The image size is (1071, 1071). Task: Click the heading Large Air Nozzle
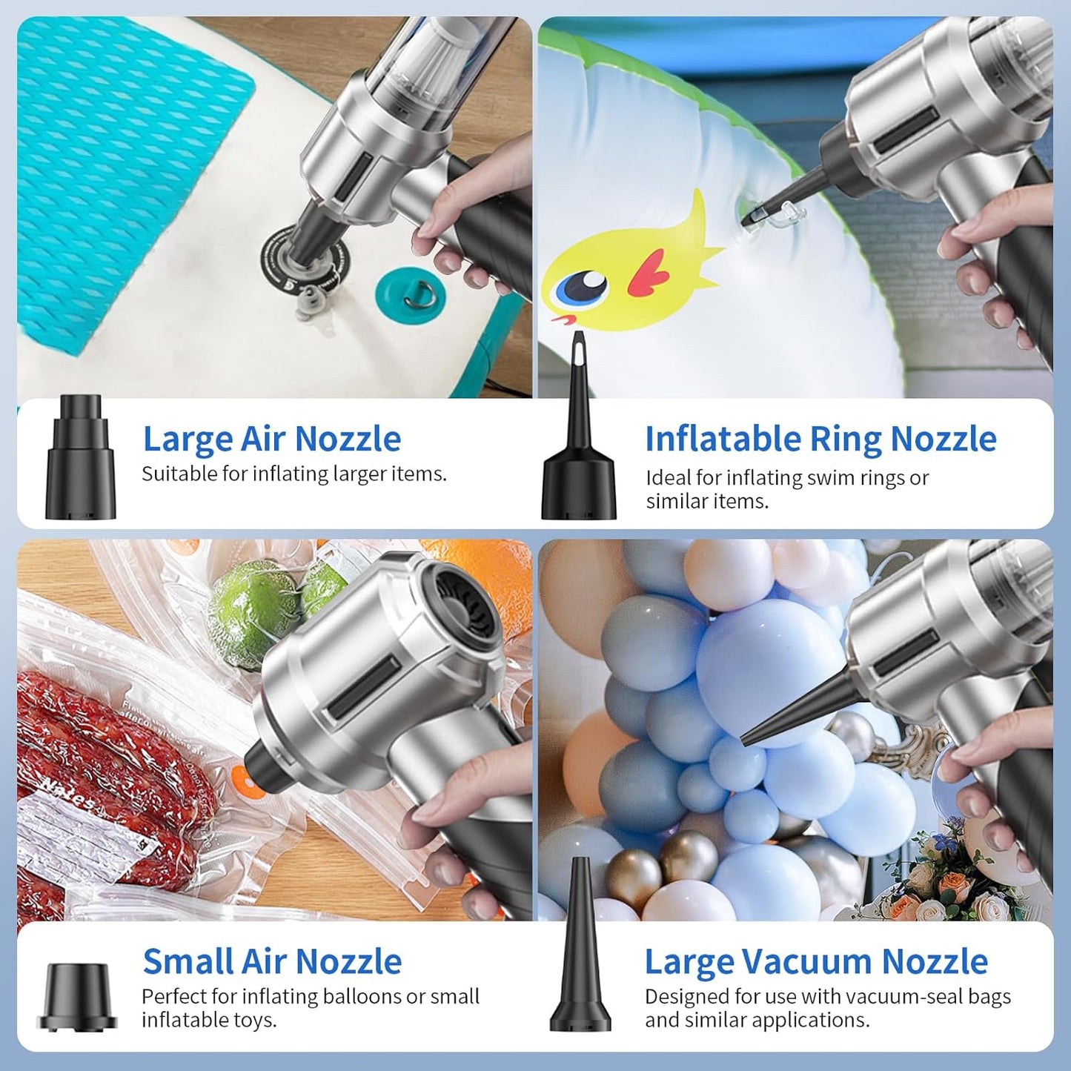tap(271, 439)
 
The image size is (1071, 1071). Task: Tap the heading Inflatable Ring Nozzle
tap(820, 439)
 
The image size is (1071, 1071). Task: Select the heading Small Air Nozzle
tap(272, 961)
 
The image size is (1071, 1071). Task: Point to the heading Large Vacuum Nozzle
tap(815, 961)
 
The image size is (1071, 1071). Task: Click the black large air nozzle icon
tap(81, 458)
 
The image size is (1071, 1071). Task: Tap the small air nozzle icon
tap(78, 997)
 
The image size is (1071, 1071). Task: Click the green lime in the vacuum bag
tap(252, 611)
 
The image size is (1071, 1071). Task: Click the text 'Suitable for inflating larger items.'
tap(294, 474)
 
